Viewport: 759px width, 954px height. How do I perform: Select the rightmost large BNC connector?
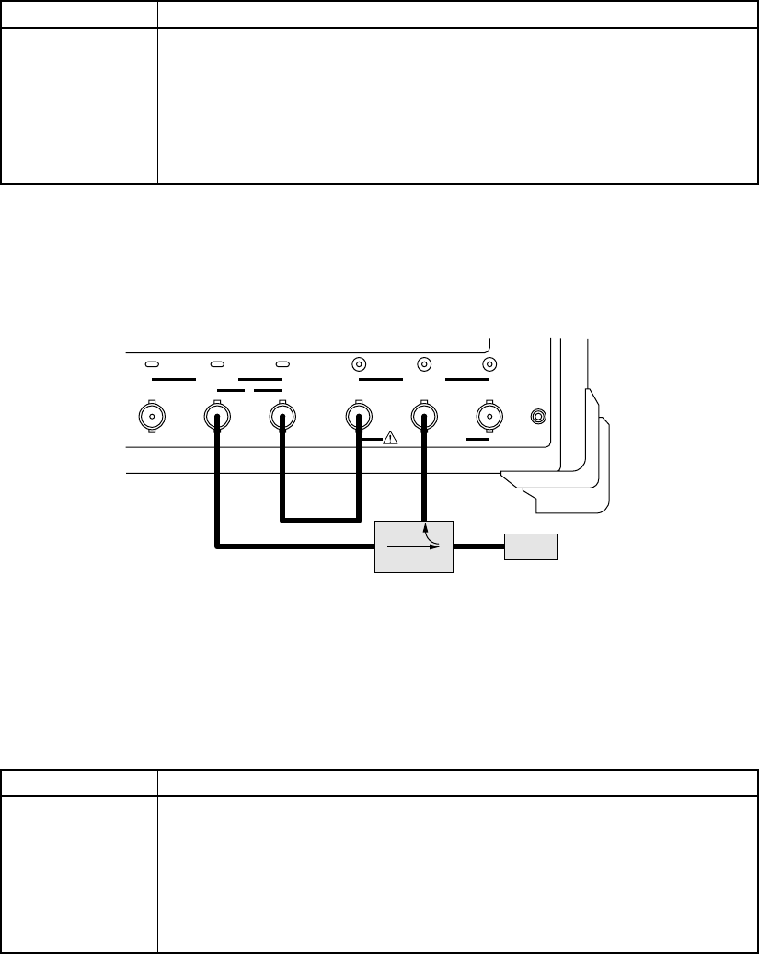(x=489, y=417)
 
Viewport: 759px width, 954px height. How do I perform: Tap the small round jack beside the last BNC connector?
(x=540, y=417)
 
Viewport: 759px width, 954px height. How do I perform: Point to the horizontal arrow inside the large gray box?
(x=414, y=546)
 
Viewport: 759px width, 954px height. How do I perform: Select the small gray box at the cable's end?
(x=531, y=546)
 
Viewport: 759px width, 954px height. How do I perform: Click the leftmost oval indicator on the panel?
(x=153, y=364)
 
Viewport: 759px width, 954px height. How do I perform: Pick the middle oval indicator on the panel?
(x=218, y=364)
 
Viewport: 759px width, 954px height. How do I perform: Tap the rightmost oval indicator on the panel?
(x=282, y=364)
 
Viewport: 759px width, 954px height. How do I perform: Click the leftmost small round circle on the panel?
(x=359, y=364)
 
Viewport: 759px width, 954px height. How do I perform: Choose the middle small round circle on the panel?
(x=424, y=364)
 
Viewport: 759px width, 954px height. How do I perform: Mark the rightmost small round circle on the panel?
(x=489, y=364)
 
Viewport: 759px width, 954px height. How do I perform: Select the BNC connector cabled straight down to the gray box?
(x=423, y=417)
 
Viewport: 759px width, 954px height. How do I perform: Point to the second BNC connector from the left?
(x=216, y=417)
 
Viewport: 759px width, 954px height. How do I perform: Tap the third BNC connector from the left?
(x=282, y=417)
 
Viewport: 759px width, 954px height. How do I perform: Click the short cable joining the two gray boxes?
(x=478, y=546)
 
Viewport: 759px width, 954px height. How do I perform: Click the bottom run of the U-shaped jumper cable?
(x=320, y=521)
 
